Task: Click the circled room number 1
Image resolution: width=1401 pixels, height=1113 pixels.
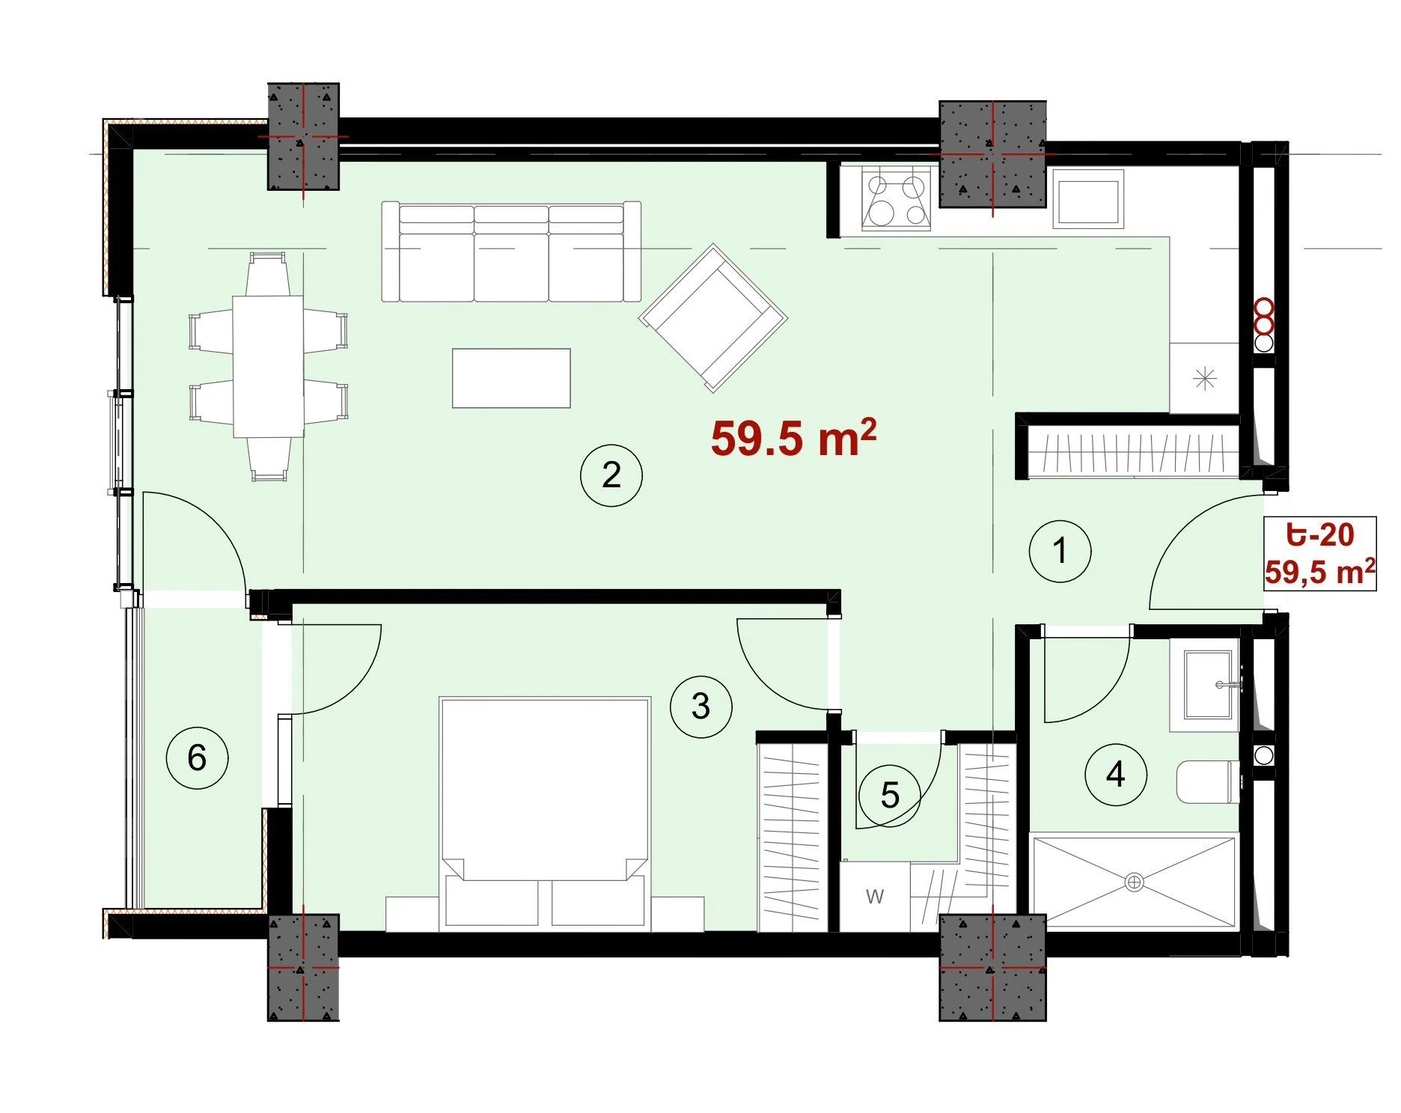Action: (1060, 552)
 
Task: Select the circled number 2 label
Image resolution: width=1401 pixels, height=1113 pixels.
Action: (611, 475)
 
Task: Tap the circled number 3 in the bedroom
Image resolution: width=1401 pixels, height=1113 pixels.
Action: (700, 707)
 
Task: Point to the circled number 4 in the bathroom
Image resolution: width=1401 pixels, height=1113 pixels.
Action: (1116, 775)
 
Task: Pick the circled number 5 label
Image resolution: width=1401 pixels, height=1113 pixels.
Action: (890, 796)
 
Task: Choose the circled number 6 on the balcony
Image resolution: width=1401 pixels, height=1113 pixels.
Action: (197, 757)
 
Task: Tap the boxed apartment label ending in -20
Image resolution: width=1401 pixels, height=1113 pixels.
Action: (1320, 554)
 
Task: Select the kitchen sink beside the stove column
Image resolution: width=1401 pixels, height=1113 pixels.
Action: (1088, 198)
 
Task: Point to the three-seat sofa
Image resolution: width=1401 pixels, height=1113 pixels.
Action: (511, 251)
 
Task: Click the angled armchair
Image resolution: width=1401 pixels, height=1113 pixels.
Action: (713, 317)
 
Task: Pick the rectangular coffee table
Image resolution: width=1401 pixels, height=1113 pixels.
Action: (511, 378)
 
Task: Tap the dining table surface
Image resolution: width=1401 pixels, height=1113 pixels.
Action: (268, 367)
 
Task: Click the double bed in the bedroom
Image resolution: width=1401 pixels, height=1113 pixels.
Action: (545, 814)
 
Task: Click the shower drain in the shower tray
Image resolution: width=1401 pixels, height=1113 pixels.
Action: (1134, 882)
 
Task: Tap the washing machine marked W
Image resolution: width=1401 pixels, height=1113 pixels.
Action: (875, 897)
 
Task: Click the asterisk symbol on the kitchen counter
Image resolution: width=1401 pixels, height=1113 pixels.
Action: (1204, 379)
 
